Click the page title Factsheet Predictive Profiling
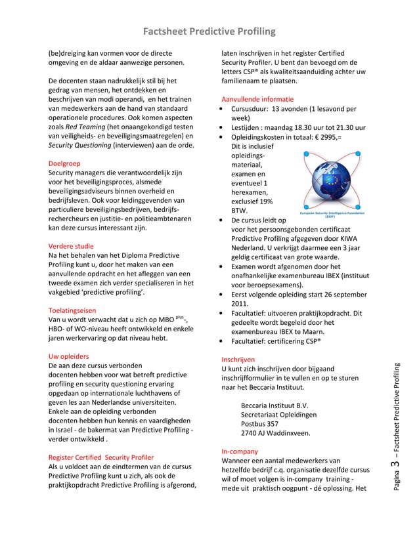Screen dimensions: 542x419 pos(209,32)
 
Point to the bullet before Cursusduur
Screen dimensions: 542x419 pos(226,110)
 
